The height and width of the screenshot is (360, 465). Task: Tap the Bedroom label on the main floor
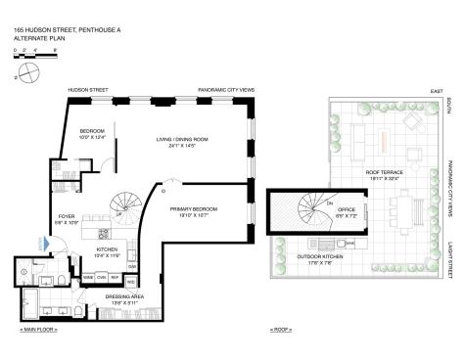click(x=93, y=134)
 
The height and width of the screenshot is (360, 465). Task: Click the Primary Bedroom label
click(x=192, y=212)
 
